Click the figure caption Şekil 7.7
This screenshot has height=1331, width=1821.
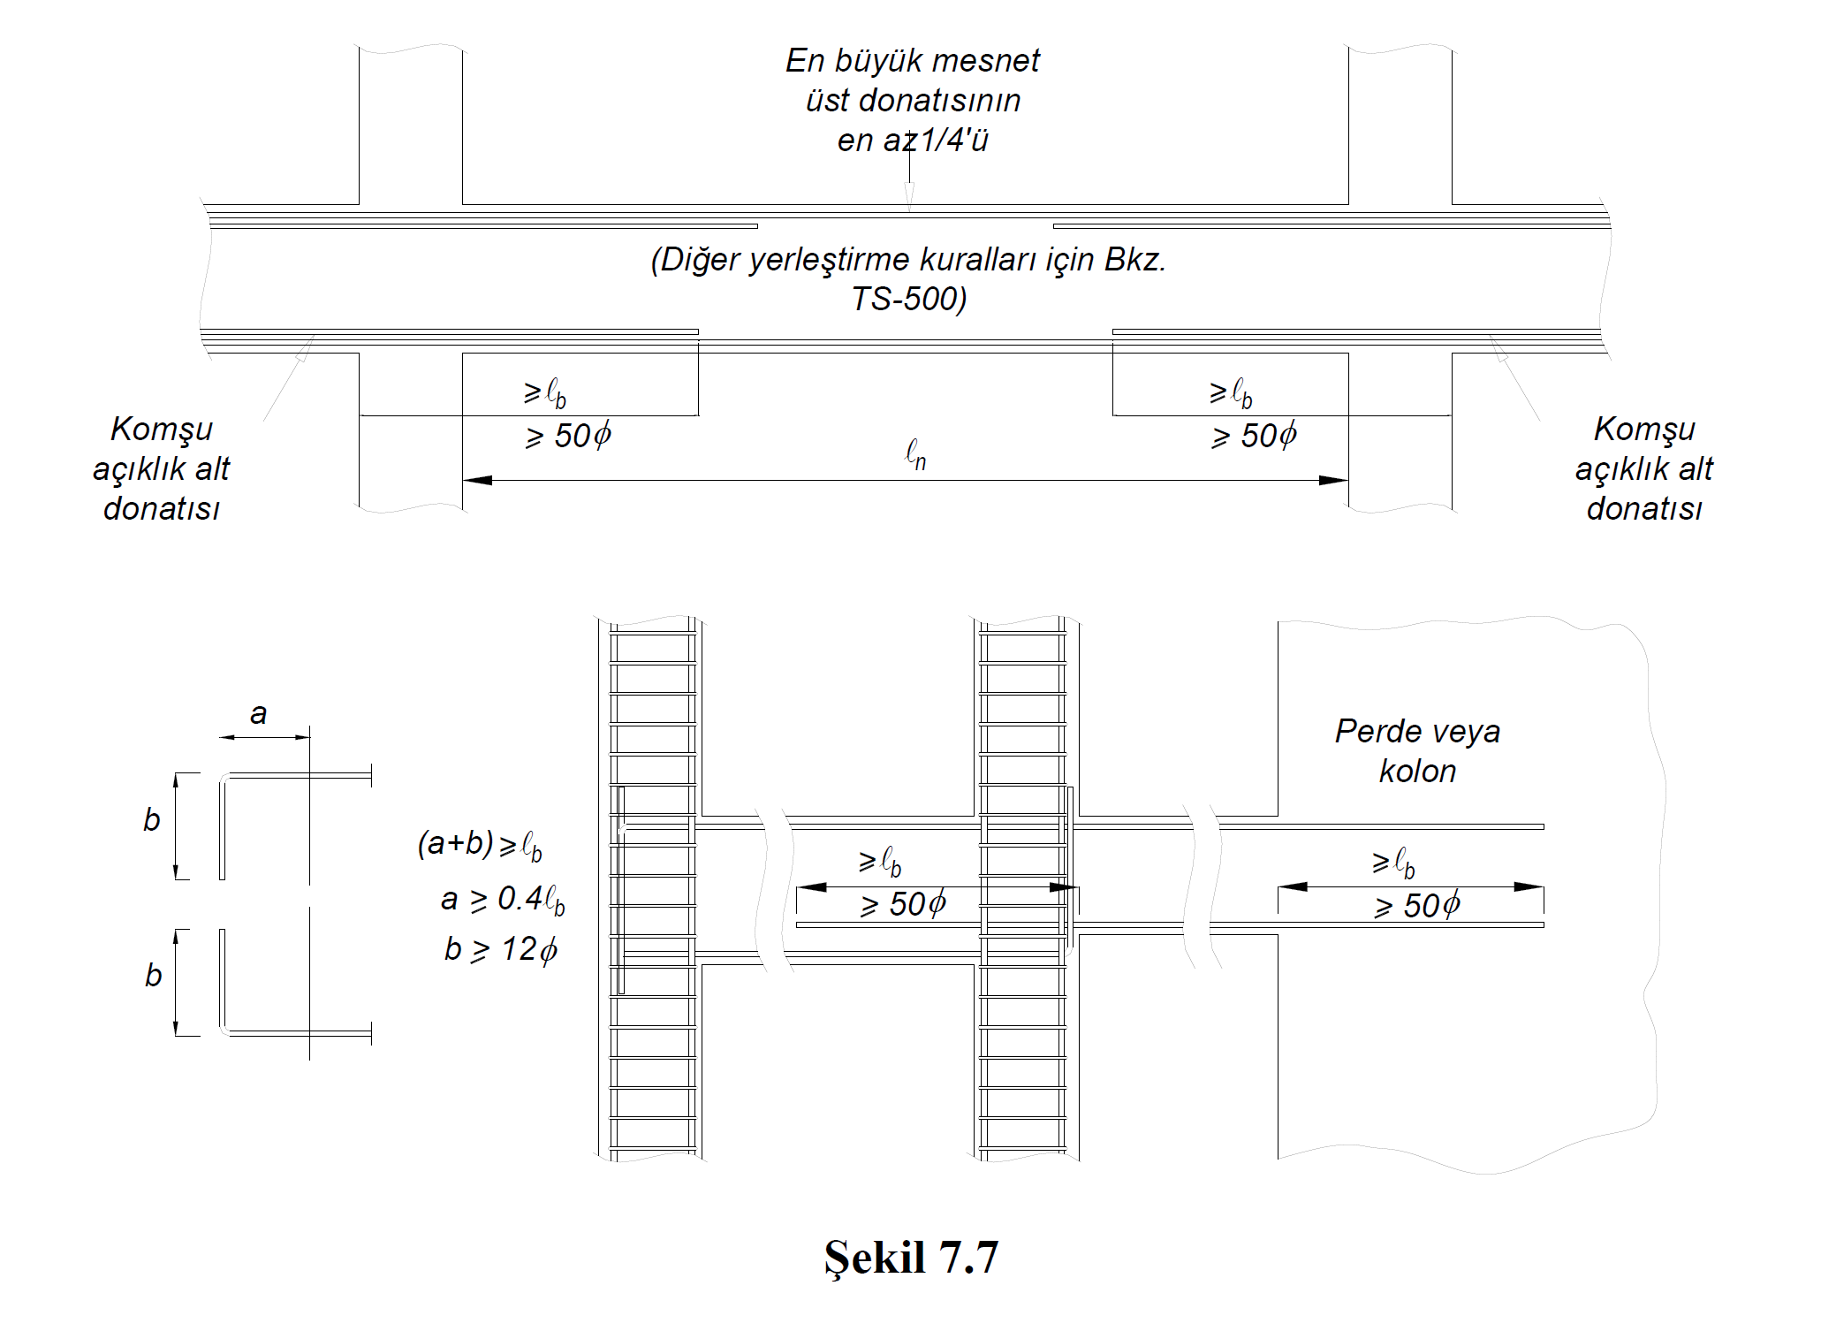pos(911,1257)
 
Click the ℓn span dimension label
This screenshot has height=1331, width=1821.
pos(915,455)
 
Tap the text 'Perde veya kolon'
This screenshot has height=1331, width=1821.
pos(1417,751)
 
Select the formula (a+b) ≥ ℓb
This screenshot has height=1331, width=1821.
pos(480,845)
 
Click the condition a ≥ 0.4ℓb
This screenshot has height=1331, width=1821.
pos(502,899)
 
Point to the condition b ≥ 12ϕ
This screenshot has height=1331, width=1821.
pos(500,949)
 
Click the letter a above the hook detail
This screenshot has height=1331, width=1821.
pos(258,713)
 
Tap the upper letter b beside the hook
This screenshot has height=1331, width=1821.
pos(152,820)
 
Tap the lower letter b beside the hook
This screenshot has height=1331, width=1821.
pos(153,976)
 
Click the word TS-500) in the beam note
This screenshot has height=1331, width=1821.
pos(909,299)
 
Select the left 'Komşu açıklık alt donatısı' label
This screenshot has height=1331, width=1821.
pos(161,468)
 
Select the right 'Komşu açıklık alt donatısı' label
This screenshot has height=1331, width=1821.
pos(1643,468)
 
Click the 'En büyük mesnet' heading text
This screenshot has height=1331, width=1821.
pos(913,61)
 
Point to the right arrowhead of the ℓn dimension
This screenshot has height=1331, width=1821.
pos(1333,480)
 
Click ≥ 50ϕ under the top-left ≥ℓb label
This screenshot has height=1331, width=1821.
pos(568,436)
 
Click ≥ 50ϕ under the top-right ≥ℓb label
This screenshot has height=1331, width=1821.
pos(1255,436)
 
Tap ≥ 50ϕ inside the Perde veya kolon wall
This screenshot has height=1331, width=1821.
pos(1417,906)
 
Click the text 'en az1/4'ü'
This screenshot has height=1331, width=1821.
pos(913,140)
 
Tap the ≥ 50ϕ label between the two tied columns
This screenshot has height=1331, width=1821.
pos(903,904)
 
